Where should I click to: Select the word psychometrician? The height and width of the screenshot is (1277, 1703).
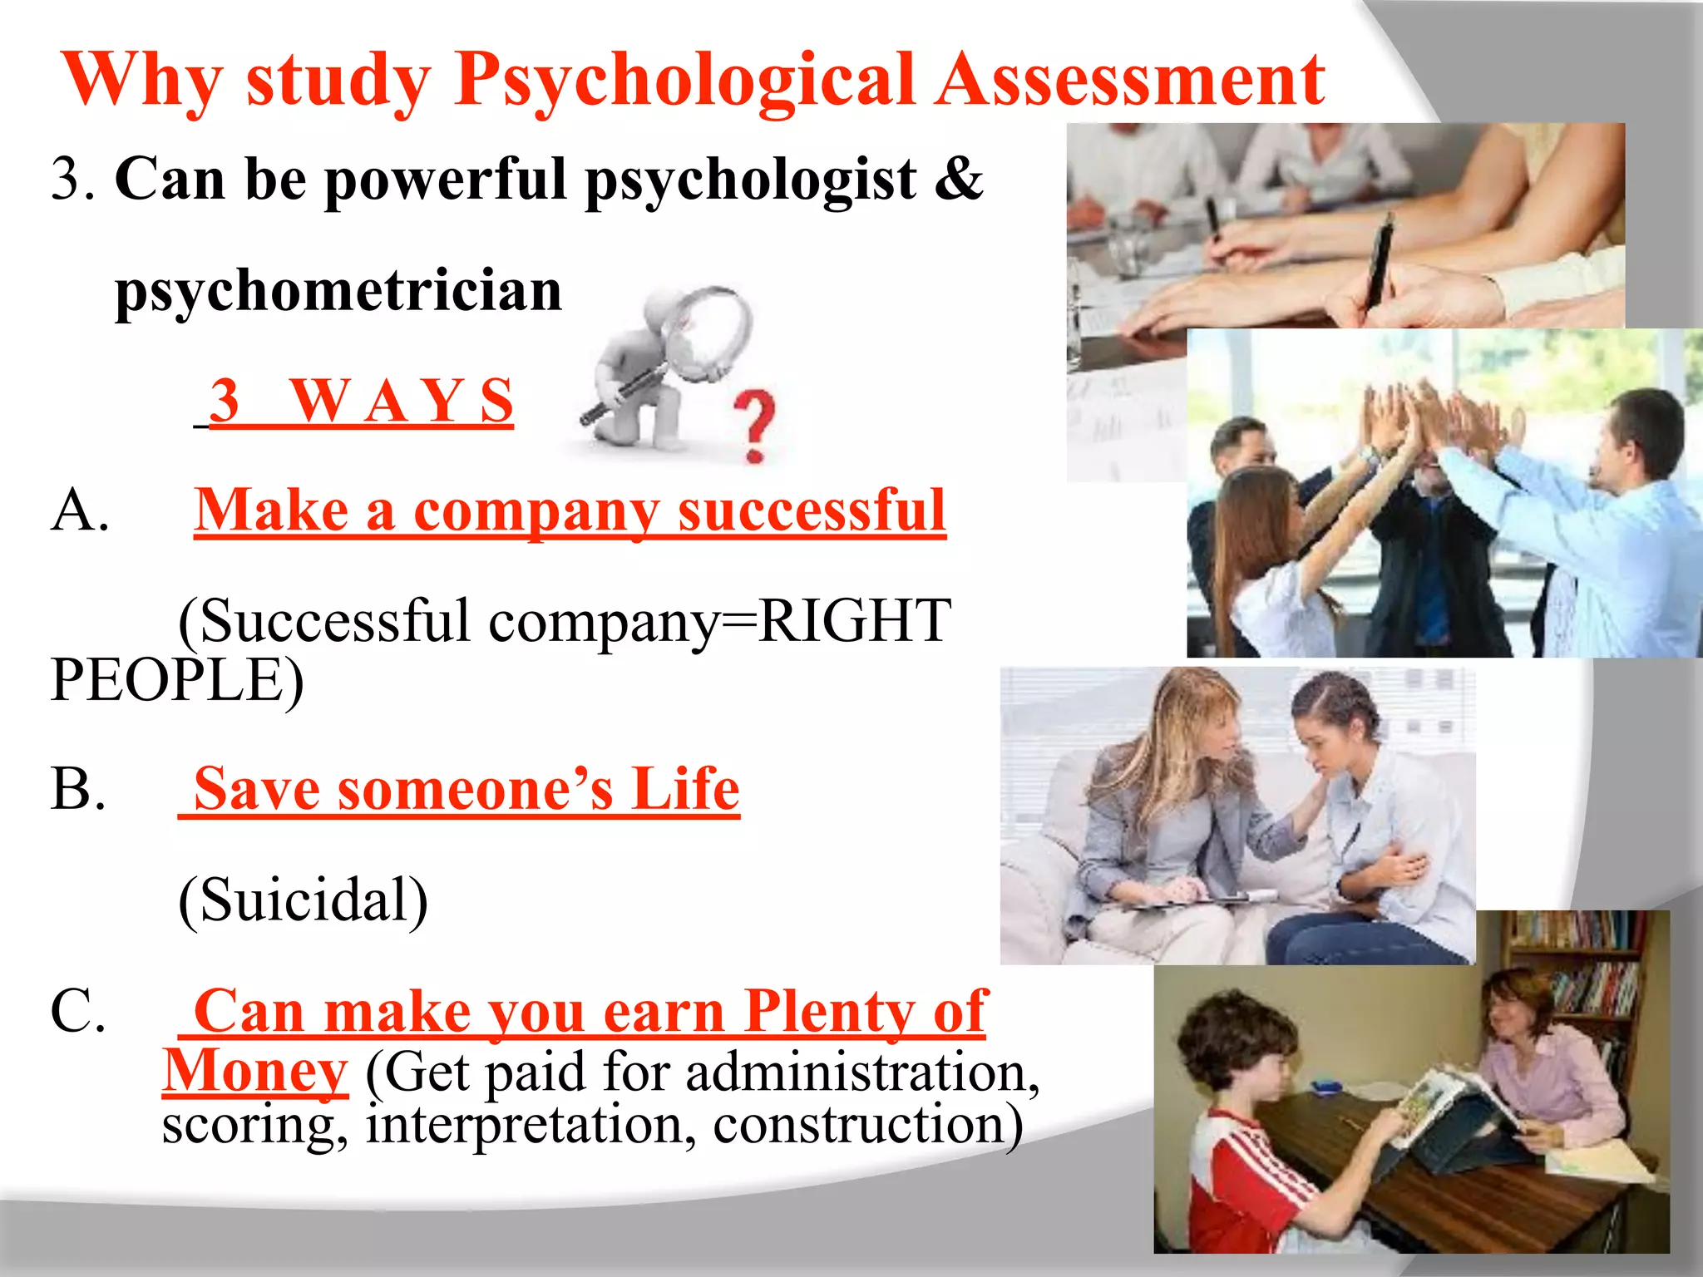(x=338, y=291)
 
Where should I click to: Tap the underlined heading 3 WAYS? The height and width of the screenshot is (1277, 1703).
(x=361, y=402)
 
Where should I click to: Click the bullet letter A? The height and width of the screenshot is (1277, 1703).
(x=79, y=510)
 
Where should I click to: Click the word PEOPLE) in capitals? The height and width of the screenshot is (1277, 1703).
(x=176, y=681)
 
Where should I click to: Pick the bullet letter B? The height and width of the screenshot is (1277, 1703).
(x=77, y=788)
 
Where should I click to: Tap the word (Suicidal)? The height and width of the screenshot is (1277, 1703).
(x=303, y=900)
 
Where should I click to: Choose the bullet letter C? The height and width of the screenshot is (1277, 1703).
(x=77, y=1011)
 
